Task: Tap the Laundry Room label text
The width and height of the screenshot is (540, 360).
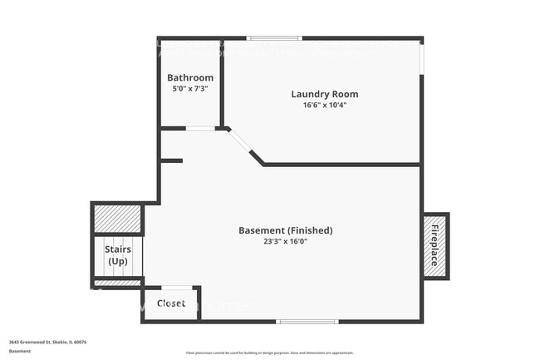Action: (x=324, y=94)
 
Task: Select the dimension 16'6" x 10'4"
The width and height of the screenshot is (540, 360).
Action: (x=324, y=106)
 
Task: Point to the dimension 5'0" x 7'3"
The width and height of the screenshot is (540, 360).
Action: (x=189, y=88)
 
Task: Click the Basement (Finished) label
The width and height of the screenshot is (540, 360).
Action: (x=286, y=230)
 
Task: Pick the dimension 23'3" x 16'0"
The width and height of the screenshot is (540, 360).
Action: (x=286, y=243)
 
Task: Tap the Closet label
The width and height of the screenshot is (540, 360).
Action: (x=171, y=303)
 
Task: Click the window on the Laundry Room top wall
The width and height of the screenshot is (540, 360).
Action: (x=275, y=38)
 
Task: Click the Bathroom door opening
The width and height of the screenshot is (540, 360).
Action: (x=199, y=128)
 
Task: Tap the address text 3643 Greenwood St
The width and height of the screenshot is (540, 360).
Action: (x=48, y=342)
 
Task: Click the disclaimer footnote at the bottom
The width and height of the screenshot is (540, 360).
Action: (x=269, y=353)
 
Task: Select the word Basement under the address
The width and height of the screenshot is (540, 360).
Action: (x=20, y=351)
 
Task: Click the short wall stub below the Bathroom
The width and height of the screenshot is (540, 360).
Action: (x=172, y=160)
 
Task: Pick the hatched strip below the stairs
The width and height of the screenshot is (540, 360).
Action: (x=117, y=283)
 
